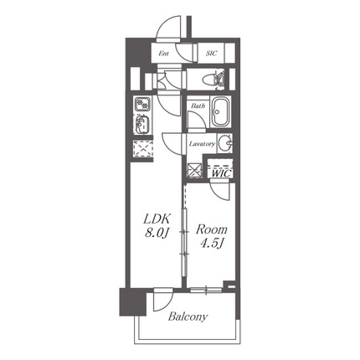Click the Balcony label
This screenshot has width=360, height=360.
tap(188, 316)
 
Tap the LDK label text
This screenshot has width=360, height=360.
tap(157, 219)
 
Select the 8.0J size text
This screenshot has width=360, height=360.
tap(157, 233)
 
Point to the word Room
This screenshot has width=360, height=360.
tap(212, 229)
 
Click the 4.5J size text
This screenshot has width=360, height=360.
tap(213, 244)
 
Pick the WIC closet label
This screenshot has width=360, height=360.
tap(221, 173)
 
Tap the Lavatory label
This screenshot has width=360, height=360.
tap(202, 144)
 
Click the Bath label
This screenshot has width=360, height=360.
tap(198, 105)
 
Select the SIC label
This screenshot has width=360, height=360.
tap(212, 54)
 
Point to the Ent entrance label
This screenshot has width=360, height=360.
tap(163, 54)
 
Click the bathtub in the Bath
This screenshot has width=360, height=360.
tap(221, 111)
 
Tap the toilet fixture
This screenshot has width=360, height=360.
tap(213, 79)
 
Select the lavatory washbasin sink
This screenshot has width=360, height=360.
tap(225, 143)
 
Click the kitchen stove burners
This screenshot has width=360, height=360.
tap(142, 104)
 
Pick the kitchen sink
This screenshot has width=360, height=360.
tap(142, 124)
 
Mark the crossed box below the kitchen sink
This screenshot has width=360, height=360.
tap(143, 149)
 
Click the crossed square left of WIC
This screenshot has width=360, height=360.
tap(195, 170)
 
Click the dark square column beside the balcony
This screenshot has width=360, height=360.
tap(133, 302)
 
